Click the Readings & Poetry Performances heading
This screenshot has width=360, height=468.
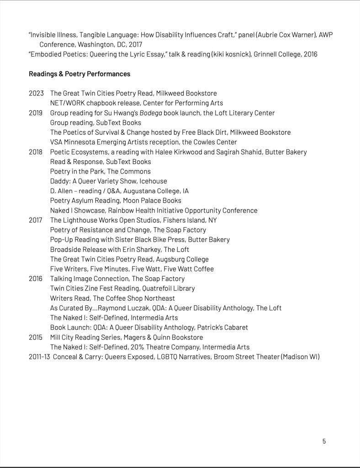(x=79, y=74)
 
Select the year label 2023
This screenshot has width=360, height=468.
(x=36, y=94)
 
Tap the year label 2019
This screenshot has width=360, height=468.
(x=36, y=113)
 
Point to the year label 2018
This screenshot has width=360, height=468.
(x=36, y=152)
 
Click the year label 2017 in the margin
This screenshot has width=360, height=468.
(x=36, y=220)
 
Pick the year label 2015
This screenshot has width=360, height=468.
(x=36, y=337)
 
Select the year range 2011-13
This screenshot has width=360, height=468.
(x=39, y=357)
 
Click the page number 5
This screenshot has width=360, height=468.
(x=324, y=441)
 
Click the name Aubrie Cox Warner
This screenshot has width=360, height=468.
(x=243, y=35)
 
